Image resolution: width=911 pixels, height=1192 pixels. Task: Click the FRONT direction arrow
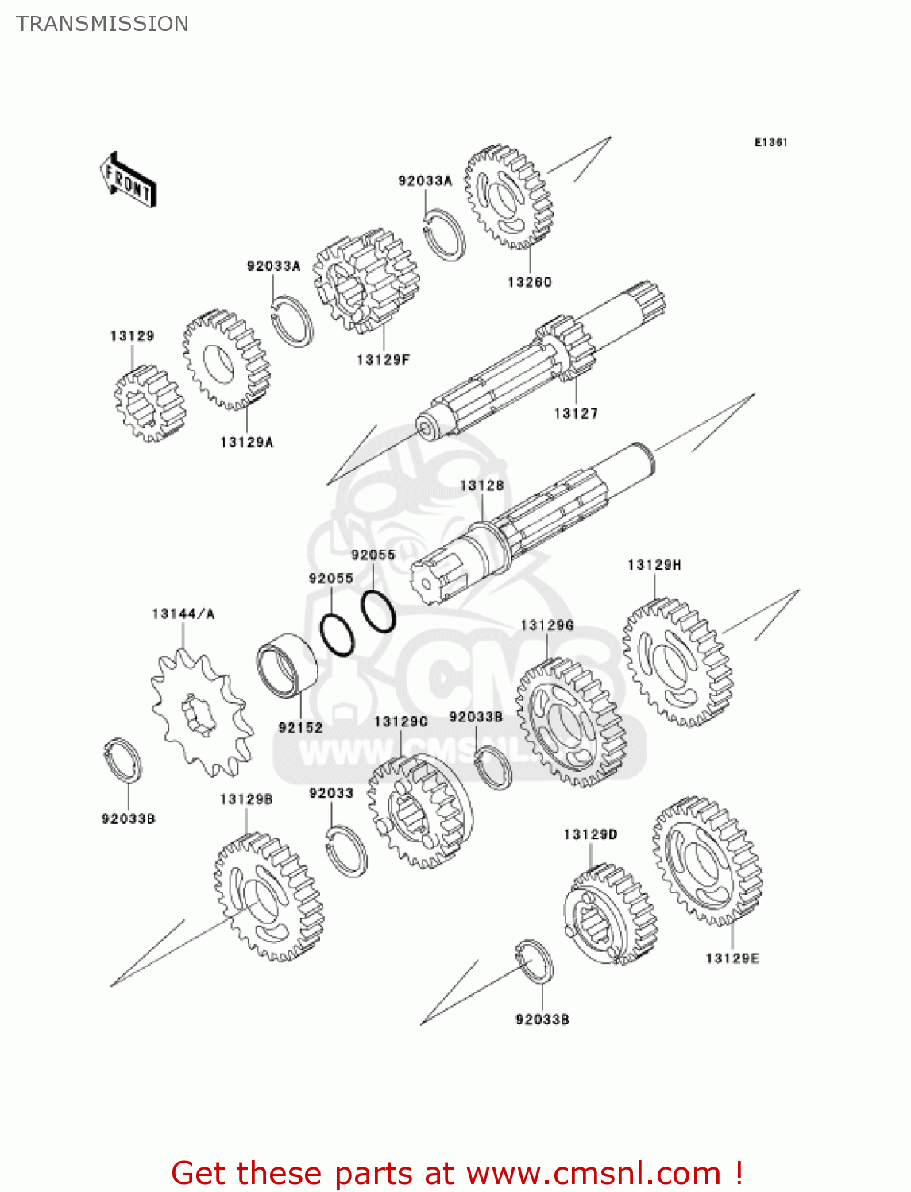tap(128, 180)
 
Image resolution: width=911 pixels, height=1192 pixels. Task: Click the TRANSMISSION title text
tap(102, 24)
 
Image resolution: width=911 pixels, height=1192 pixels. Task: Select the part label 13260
tap(529, 282)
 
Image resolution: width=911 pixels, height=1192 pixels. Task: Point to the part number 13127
tap(576, 413)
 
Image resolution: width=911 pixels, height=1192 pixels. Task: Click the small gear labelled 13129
tap(149, 404)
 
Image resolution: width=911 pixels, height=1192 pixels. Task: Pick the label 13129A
tap(246, 442)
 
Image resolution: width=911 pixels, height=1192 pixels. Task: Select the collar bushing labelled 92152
tap(288, 666)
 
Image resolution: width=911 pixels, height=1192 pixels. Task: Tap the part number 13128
tap(481, 486)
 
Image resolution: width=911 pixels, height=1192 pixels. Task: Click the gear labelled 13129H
tap(677, 662)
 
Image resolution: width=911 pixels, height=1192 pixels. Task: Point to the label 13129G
tap(546, 625)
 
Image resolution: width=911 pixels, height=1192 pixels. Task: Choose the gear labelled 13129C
tap(419, 811)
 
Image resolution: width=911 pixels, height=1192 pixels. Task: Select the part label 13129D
tap(590, 834)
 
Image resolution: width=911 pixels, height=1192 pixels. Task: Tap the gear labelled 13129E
tap(707, 862)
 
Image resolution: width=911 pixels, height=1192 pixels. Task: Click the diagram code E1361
tap(770, 142)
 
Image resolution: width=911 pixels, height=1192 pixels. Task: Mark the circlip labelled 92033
tap(347, 850)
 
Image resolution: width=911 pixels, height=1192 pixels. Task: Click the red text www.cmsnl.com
tap(593, 1173)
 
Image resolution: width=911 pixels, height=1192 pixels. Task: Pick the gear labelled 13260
tap(508, 196)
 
